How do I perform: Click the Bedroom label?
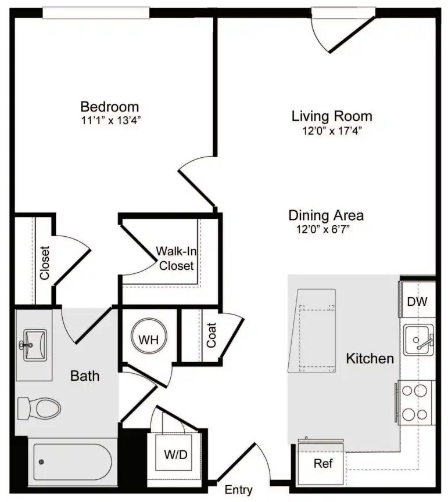click(x=110, y=107)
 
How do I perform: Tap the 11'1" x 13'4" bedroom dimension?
click(x=111, y=121)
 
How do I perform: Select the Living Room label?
click(x=332, y=116)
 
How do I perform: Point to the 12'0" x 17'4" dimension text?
click(x=332, y=131)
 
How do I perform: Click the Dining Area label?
click(x=326, y=215)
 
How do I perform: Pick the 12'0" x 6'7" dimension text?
click(x=322, y=229)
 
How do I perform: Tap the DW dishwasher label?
click(x=417, y=301)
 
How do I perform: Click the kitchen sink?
click(x=418, y=340)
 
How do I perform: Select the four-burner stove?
click(x=415, y=403)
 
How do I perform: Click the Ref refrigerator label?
click(x=323, y=463)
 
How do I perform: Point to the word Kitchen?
click(x=370, y=359)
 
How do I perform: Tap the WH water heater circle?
click(x=149, y=336)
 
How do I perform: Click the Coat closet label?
click(x=212, y=335)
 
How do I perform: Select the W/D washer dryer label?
click(x=175, y=454)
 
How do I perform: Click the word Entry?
click(x=238, y=490)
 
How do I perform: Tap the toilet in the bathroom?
click(x=39, y=408)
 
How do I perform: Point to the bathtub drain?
click(x=41, y=461)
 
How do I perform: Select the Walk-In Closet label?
click(x=176, y=258)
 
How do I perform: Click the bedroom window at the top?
click(x=96, y=13)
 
